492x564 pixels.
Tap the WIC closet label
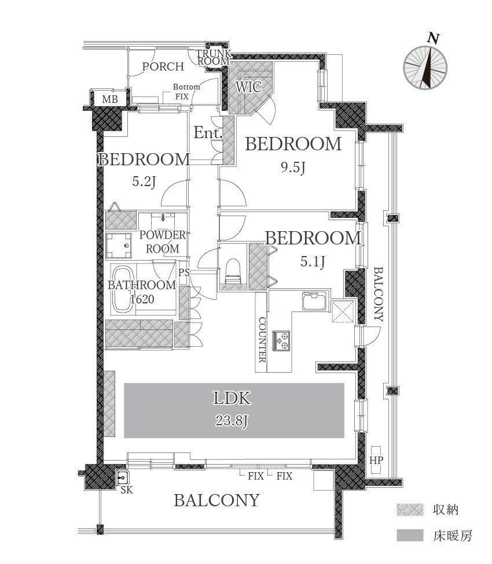pos(248,87)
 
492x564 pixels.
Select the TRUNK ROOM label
pos(213,58)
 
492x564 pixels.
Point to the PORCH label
pos(163,66)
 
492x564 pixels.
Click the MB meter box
pos(109,98)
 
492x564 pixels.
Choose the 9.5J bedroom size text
pos(293,167)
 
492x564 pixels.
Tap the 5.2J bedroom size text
pos(144,181)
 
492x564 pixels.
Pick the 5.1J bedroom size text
pos(313,262)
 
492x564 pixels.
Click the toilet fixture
pos(232,271)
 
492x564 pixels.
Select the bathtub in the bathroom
pos(122,289)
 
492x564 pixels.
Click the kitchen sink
pos(315,300)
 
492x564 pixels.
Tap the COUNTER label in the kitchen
pos(263,340)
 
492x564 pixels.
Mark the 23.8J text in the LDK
pos(232,421)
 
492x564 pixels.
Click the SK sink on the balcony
pos(123,478)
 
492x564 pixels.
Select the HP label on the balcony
pos(376,460)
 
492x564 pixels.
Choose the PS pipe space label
pos(183,273)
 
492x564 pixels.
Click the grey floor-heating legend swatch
pos(410,535)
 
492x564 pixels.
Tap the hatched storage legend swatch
pos(410,510)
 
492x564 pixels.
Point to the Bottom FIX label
pos(186,92)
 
